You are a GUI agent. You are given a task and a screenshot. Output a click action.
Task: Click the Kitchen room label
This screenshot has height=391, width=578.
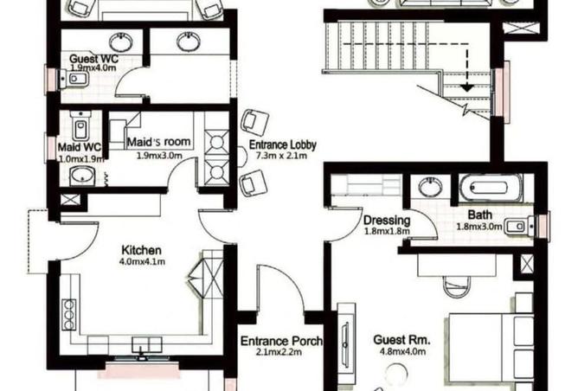point(140,249)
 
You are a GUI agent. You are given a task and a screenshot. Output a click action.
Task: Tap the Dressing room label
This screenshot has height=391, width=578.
point(386,220)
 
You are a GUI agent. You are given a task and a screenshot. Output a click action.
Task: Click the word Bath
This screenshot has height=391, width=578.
point(479,215)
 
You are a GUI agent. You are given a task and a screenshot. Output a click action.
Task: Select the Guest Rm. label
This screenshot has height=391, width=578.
point(398,340)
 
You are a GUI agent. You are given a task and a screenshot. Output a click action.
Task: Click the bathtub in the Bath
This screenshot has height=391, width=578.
point(490,187)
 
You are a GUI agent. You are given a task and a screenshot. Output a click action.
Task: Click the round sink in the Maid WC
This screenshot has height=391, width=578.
point(83,176)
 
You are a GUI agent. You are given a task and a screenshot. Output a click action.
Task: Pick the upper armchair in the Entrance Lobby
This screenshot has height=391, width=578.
point(254,121)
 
